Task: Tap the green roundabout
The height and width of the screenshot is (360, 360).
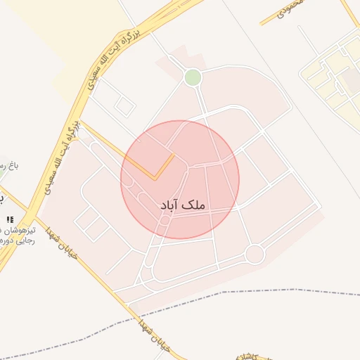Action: [x=193, y=77]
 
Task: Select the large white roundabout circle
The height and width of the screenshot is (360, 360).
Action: [x=255, y=254]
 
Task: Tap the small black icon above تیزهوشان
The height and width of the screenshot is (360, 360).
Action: [x=10, y=219]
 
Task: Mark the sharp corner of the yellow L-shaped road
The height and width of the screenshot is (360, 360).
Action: [x=155, y=178]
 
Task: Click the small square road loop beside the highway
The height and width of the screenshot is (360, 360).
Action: [x=125, y=106]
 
